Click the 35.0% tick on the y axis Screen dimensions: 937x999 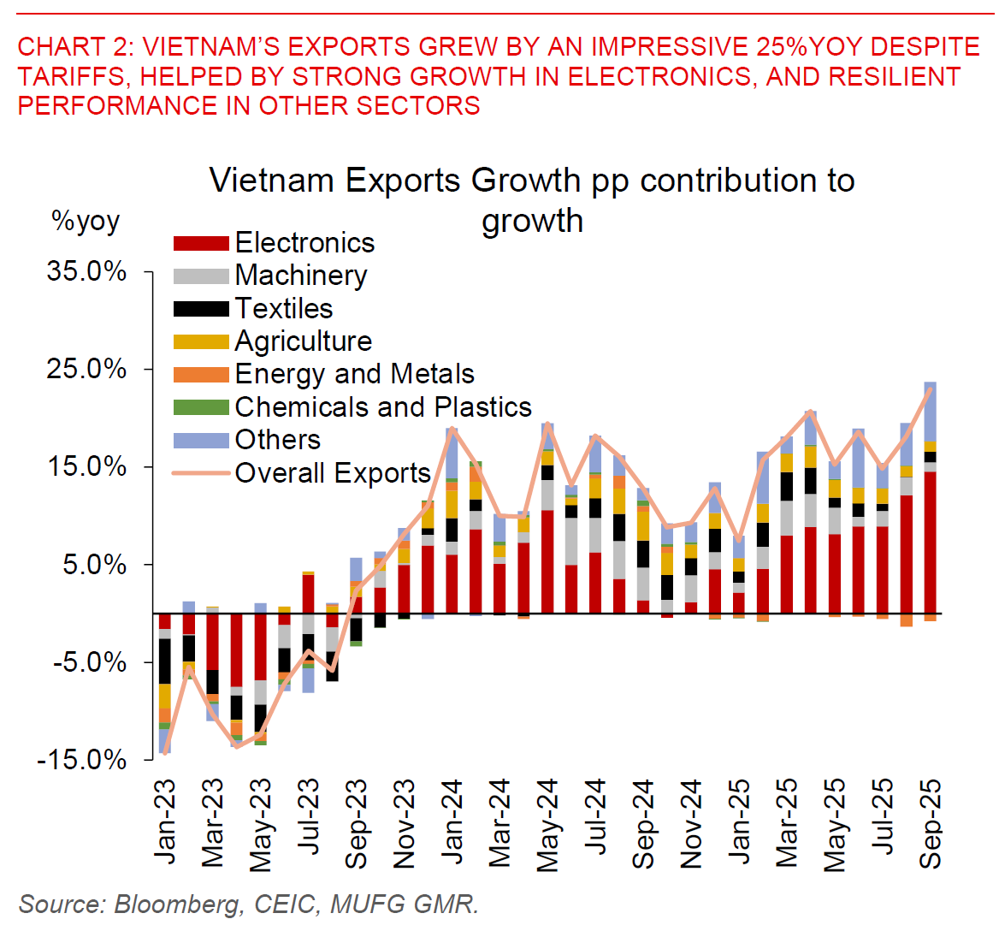[86, 272]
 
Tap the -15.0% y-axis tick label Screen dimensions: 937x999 [81, 760]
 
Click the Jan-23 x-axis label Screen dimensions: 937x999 [164, 821]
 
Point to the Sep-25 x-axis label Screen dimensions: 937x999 [931, 823]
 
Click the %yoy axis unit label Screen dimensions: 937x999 [86, 222]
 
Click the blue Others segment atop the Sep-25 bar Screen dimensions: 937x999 [931, 411]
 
